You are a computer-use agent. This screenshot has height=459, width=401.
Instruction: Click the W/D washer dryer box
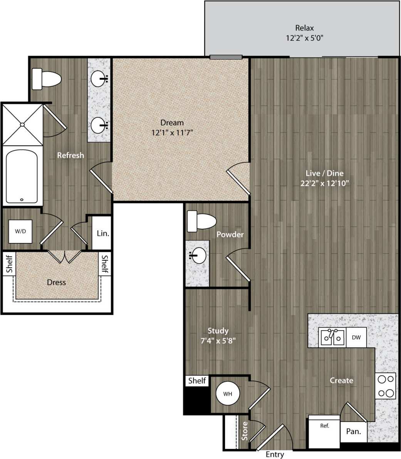point(20,231)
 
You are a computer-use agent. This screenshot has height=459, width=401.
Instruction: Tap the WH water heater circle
point(227,394)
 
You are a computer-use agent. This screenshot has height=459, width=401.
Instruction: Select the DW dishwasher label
point(356,338)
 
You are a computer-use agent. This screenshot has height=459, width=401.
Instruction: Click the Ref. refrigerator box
point(324,432)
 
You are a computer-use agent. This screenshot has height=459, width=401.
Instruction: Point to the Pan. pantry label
point(353,432)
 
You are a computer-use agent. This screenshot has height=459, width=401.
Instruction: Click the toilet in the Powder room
point(201,222)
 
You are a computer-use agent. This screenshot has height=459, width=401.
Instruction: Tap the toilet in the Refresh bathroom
point(46,79)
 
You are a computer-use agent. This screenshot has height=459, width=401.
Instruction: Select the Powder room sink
point(199,255)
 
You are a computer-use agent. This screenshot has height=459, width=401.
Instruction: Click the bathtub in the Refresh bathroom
point(22,176)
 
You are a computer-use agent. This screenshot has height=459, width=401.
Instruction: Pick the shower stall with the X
point(22,124)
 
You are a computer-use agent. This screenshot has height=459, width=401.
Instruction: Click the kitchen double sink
point(332,337)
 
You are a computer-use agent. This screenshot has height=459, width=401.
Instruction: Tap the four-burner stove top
point(386,386)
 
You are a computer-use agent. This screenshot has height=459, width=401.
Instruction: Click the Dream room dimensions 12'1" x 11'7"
point(172,133)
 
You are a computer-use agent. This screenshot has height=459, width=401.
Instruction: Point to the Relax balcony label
point(304,28)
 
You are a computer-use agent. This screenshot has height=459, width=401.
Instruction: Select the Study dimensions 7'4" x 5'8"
point(218,341)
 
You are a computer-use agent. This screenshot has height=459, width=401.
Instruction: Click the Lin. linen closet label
point(103,233)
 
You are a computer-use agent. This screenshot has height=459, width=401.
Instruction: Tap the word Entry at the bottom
point(275,455)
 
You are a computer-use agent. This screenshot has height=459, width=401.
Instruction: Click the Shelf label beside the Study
point(197,381)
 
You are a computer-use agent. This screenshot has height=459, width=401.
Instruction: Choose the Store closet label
point(245,431)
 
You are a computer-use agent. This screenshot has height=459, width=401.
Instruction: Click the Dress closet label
point(56,282)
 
